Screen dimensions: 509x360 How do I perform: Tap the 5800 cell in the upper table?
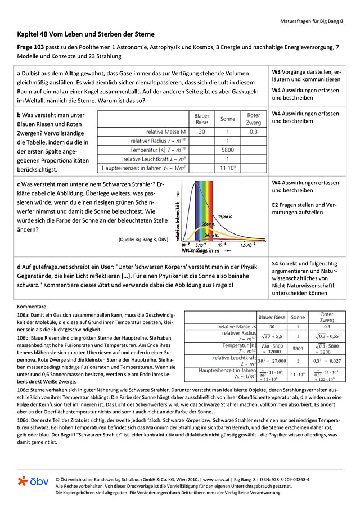[x=227, y=150]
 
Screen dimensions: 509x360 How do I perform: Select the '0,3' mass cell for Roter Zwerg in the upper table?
[x=254, y=132]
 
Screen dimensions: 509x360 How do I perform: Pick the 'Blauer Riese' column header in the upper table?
[x=201, y=119]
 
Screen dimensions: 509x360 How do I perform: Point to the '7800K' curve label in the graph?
[x=226, y=216]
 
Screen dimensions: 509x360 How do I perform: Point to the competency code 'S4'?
[x=275, y=262]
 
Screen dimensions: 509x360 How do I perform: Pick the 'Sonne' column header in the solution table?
[x=298, y=317]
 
